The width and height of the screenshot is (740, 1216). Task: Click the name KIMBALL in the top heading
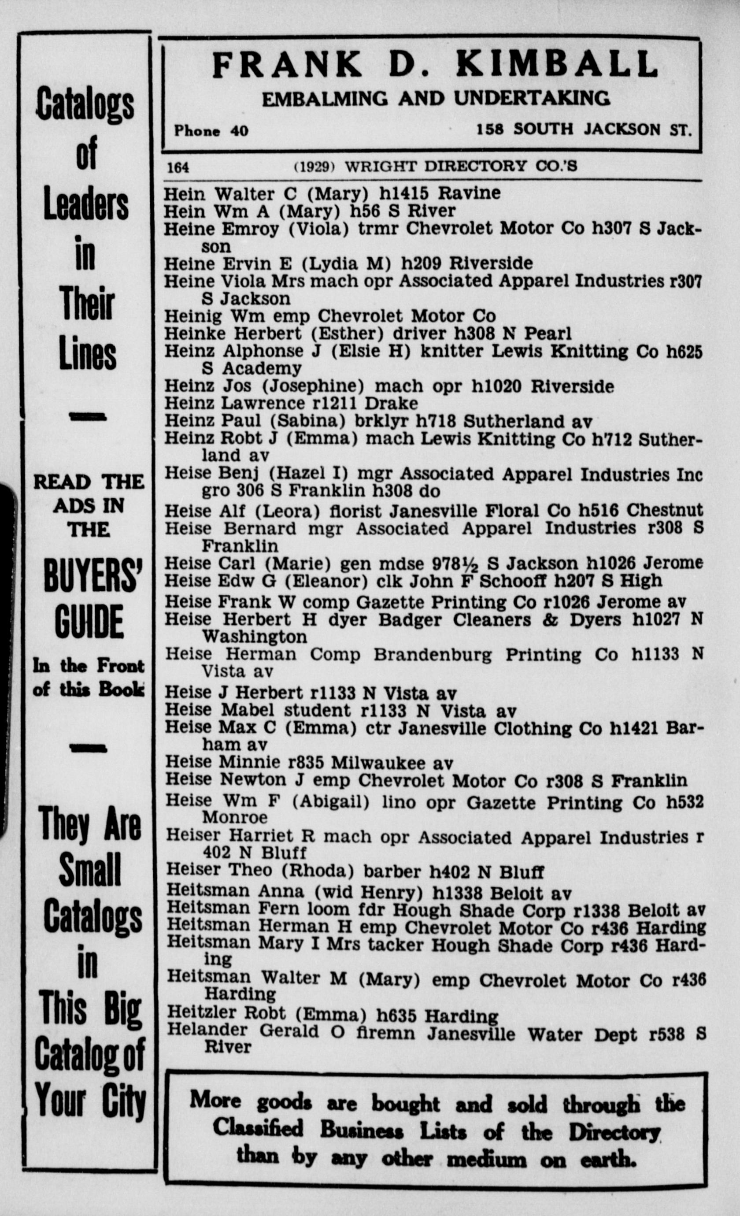click(558, 64)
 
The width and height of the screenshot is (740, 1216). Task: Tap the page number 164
click(178, 167)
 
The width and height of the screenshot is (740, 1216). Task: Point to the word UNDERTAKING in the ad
click(532, 98)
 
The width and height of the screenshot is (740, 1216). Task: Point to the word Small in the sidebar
click(90, 871)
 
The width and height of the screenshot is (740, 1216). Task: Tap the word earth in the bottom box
click(608, 1158)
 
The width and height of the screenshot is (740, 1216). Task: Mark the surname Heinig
click(193, 316)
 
